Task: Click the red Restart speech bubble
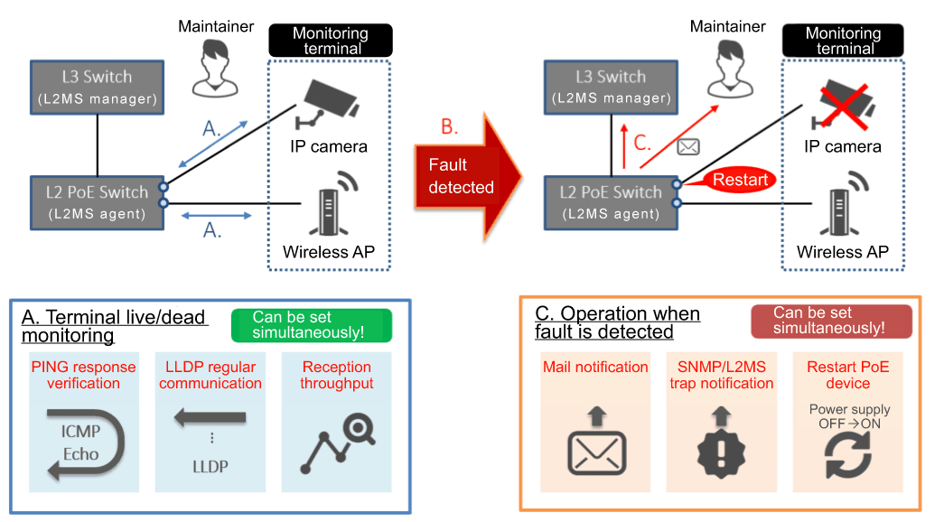click(739, 180)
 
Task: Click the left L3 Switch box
click(97, 87)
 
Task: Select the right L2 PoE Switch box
click(612, 202)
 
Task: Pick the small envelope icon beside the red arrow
click(689, 145)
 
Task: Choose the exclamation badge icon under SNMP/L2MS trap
click(721, 444)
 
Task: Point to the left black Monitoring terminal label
click(330, 41)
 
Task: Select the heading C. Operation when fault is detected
click(617, 322)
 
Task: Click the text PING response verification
click(83, 375)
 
